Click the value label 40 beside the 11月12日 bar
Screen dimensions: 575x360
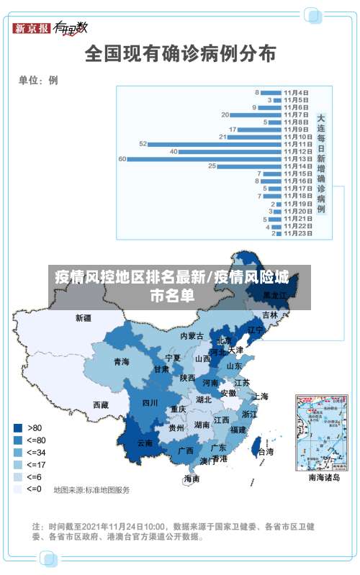(x=173, y=151)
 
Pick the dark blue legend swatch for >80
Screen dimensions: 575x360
(x=17, y=427)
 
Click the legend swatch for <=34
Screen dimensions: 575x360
(x=17, y=452)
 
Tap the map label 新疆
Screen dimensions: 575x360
(x=84, y=317)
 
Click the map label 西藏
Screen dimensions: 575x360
(x=101, y=405)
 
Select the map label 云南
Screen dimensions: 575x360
(x=145, y=443)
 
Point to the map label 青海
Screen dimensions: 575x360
(x=121, y=362)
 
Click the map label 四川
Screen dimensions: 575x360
(x=150, y=403)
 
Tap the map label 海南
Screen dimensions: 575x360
(x=192, y=479)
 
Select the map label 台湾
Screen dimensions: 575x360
(x=265, y=452)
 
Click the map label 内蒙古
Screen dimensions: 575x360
(x=192, y=336)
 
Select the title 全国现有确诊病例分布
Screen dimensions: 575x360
(x=180, y=53)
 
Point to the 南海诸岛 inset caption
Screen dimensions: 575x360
(x=323, y=477)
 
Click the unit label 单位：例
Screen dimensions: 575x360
(x=38, y=81)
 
